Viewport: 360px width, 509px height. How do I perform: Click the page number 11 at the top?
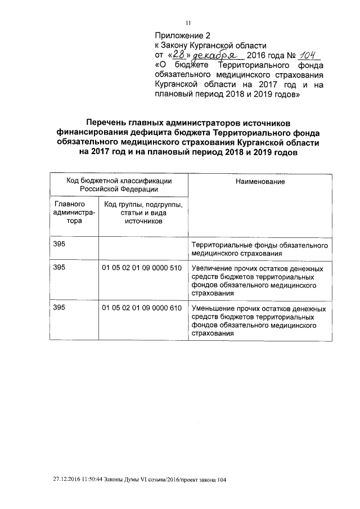point(189,22)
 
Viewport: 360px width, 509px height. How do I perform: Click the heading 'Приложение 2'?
point(179,35)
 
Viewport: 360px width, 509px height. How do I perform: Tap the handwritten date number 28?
point(179,55)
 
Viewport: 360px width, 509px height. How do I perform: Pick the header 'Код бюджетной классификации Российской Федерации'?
point(119,185)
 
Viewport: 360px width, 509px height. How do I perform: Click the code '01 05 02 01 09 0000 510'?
point(142,267)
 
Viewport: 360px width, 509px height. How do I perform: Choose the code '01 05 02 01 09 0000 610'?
point(142,309)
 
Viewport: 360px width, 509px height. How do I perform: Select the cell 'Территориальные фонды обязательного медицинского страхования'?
point(259,250)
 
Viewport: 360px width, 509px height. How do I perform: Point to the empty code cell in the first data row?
point(143,250)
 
